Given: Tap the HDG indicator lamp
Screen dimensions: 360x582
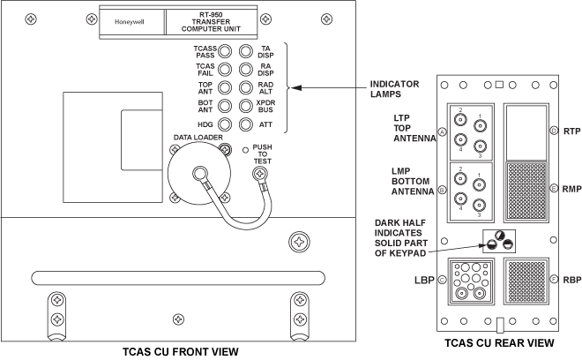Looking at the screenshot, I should pos(225,126).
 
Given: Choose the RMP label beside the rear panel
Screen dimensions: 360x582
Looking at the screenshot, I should pos(569,189).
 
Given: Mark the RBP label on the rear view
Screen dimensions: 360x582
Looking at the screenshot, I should pos(569,281).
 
